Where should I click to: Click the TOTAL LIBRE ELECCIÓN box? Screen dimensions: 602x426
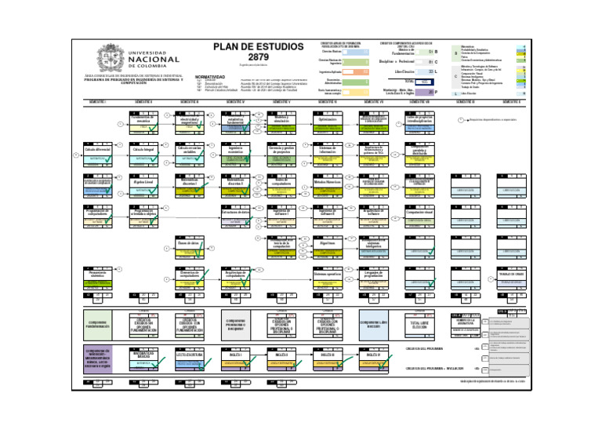(x=419, y=323)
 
